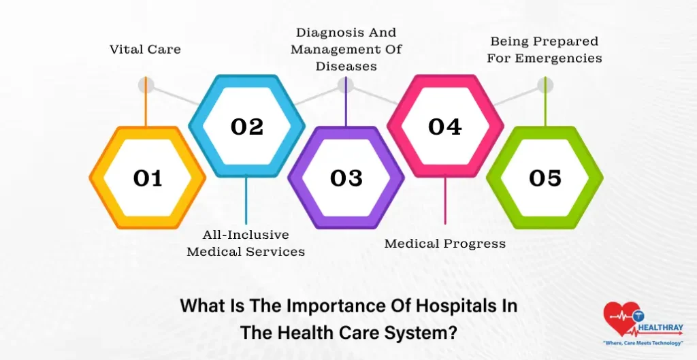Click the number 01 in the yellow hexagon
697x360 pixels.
(148, 178)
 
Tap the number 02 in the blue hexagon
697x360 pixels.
(246, 127)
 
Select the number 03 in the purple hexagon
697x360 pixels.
(346, 178)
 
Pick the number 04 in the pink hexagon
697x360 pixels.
(445, 127)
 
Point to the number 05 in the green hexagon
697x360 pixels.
(545, 178)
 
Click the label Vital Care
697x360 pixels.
(145, 50)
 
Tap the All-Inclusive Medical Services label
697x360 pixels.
(246, 243)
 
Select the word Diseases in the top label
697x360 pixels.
(346, 67)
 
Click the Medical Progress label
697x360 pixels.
(445, 244)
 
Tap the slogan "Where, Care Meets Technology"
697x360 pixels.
(643, 342)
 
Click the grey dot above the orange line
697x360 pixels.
(146, 86)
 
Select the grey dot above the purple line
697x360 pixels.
(346, 86)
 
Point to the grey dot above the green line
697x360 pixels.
(545, 86)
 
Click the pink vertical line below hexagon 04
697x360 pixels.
(445, 201)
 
